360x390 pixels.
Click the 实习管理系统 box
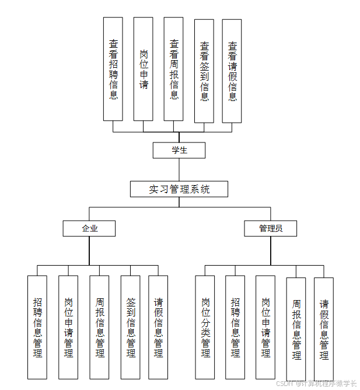[179, 189]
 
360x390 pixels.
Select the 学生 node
[179, 150]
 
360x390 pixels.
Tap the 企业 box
[89, 228]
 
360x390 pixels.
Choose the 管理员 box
[271, 228]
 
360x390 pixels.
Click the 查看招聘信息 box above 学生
[113, 69]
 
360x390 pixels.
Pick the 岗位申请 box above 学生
[144, 69]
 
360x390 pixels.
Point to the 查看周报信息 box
[174, 69]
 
